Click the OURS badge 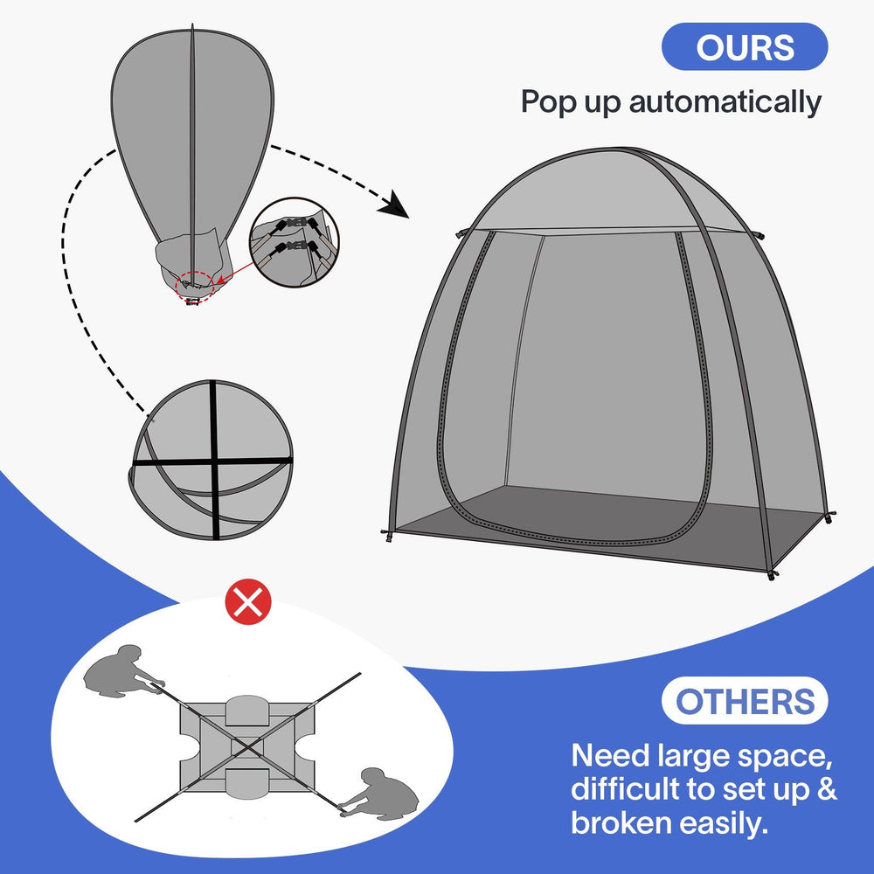745,46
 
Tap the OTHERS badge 744,700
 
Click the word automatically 725,102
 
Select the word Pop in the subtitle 550,102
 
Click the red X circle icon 249,604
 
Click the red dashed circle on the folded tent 195,283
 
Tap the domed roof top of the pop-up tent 603,188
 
